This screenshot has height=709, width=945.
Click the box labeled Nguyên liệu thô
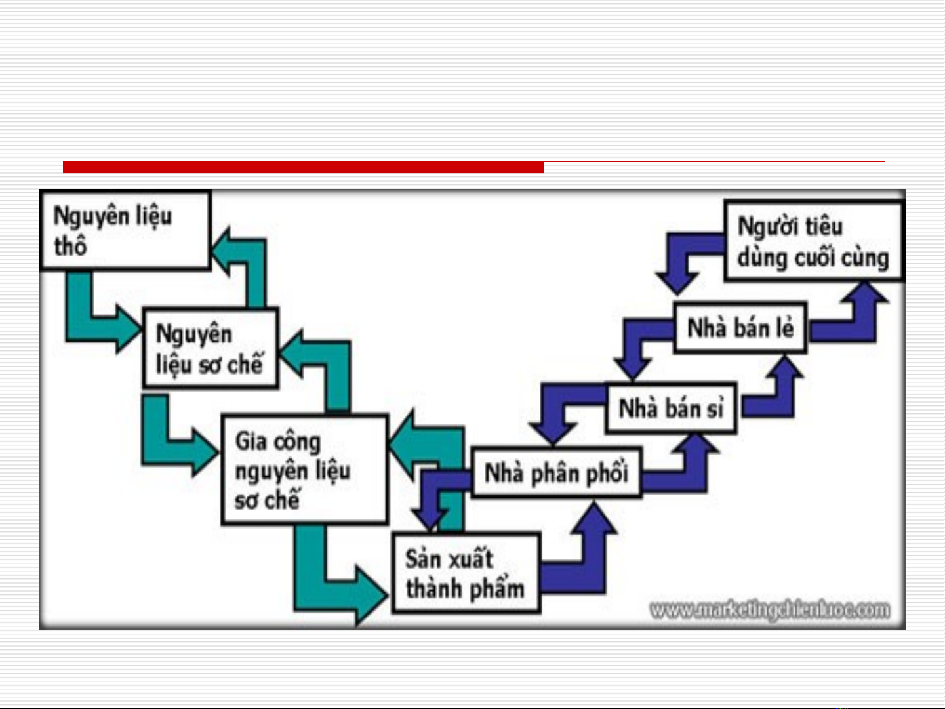pyautogui.click(x=125, y=230)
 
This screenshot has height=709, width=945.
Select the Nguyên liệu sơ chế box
pyautogui.click(x=211, y=348)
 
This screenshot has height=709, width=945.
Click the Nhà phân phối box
pyautogui.click(x=556, y=473)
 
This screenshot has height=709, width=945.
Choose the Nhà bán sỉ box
pyautogui.click(x=670, y=409)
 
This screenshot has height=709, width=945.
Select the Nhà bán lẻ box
pyautogui.click(x=740, y=328)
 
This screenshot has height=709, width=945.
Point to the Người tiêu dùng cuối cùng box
pyautogui.click(x=813, y=241)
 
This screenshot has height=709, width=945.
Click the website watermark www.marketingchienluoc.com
pyautogui.click(x=770, y=610)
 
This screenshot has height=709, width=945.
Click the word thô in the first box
pyautogui.click(x=70, y=247)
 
